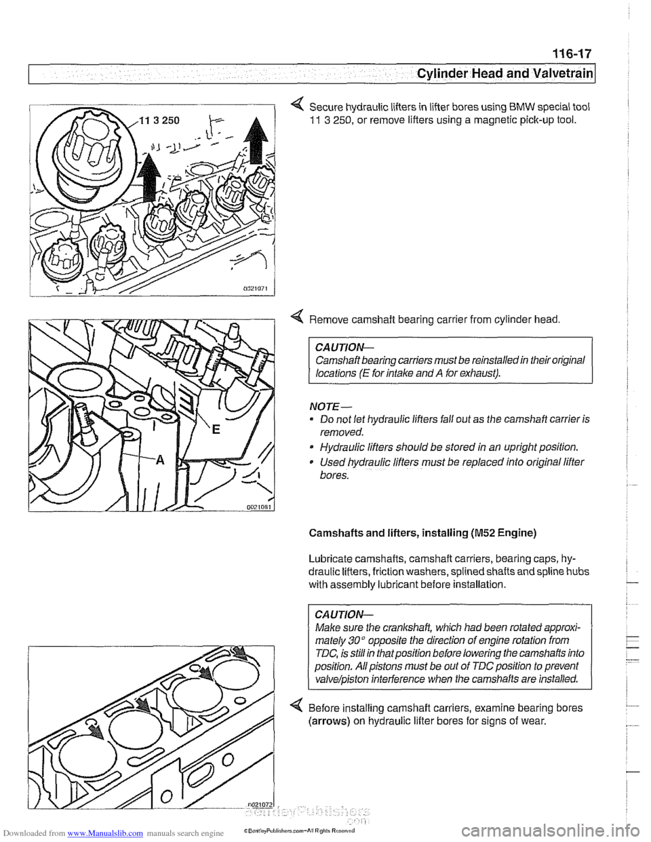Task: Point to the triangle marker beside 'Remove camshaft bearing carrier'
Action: [x=295, y=317]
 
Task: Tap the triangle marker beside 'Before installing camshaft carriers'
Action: [x=295, y=708]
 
